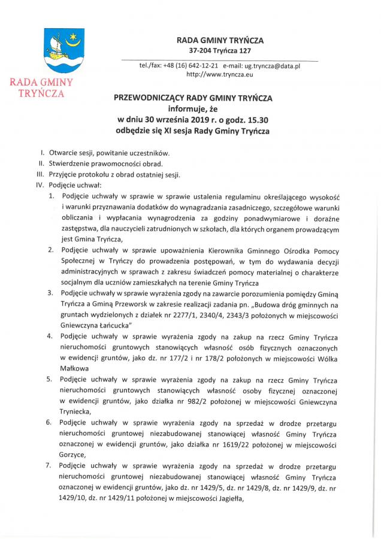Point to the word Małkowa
75,369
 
